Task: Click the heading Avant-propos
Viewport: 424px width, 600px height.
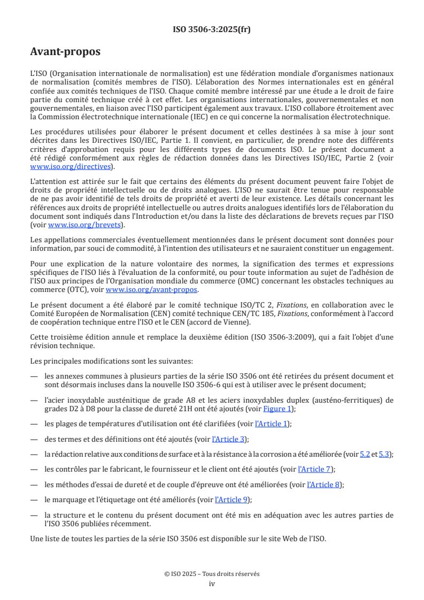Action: click(65, 52)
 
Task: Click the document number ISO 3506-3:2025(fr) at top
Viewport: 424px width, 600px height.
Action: click(212, 29)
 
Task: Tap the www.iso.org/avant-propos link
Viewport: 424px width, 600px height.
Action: click(151, 290)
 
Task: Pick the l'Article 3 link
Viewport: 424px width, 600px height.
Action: click(229, 439)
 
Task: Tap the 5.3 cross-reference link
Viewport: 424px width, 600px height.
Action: click(384, 454)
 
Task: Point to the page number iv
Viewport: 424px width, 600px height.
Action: click(212, 583)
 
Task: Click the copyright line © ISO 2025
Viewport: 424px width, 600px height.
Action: click(212, 574)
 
